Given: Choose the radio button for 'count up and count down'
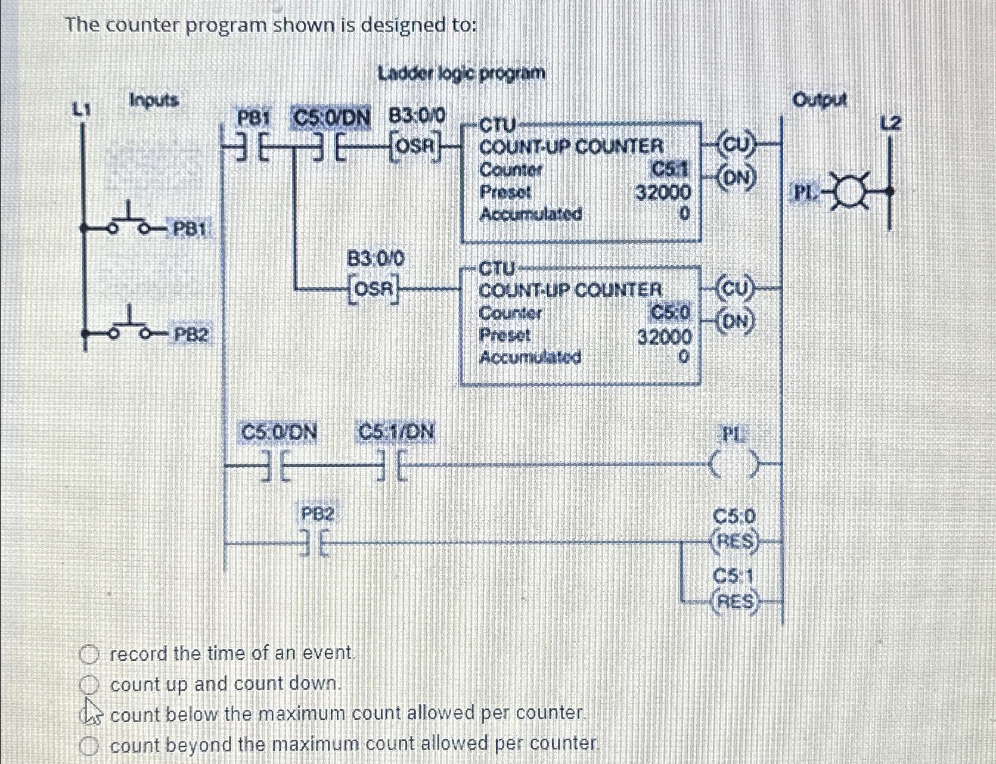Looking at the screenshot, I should click(x=89, y=685).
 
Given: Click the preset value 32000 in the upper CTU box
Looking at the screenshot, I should click(x=663, y=192).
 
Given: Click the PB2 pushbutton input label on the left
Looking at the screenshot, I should click(x=191, y=336).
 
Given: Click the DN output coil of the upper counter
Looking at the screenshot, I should click(x=737, y=178).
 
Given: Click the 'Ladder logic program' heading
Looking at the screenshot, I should click(x=461, y=74).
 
